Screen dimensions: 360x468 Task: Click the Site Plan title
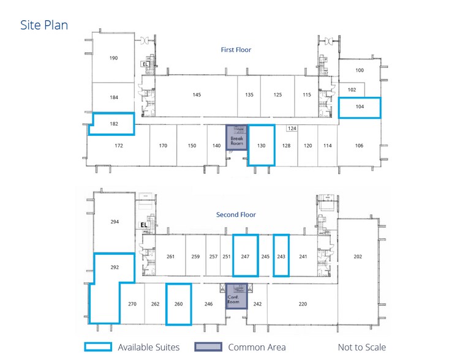[44, 25]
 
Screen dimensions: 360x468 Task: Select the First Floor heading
[236, 50]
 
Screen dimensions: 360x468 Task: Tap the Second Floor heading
[236, 215]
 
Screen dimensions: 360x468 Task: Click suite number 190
[113, 58]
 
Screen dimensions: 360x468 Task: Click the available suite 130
[262, 145]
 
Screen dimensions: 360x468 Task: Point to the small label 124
[292, 128]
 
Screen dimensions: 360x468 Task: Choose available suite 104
[360, 107]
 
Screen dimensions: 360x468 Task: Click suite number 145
[197, 95]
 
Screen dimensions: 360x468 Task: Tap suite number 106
[359, 146]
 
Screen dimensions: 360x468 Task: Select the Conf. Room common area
[236, 296]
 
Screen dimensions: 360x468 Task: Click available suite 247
[246, 256]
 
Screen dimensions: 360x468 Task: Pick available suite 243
[281, 256]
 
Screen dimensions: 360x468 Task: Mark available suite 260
[179, 304]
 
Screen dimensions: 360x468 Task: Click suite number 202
[358, 257]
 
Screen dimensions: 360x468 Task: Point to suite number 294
[115, 222]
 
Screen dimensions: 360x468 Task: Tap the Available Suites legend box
[97, 347]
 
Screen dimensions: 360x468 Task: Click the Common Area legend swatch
[208, 347]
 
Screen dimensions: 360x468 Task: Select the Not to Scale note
[361, 347]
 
